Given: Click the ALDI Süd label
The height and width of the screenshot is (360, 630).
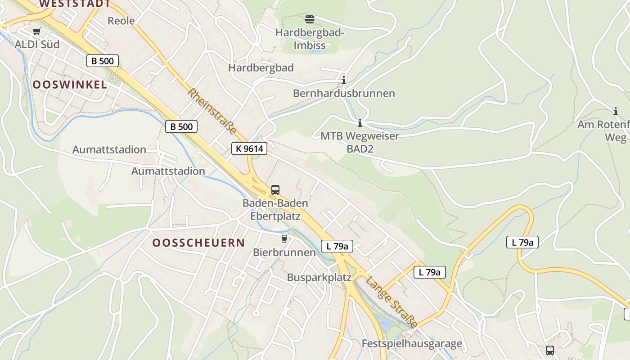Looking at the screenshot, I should tap(37, 45).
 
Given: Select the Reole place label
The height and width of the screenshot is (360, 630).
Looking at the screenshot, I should tap(121, 21).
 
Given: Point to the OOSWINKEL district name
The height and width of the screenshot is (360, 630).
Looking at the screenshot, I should tap(70, 85).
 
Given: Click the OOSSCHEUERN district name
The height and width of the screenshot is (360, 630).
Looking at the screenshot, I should tap(198, 243).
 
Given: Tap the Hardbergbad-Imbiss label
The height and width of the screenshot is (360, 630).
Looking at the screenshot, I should tap(310, 39).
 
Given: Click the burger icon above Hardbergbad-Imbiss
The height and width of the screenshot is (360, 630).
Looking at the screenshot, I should tap(310, 19).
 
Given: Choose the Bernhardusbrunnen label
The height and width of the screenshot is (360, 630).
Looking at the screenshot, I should tap(344, 94).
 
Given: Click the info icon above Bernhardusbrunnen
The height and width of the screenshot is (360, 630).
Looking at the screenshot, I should tap(344, 81).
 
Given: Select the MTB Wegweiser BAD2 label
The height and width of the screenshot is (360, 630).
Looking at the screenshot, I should tap(360, 142).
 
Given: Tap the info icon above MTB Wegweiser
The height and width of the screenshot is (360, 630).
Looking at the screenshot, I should tap(360, 123).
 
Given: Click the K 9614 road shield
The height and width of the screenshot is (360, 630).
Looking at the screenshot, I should tap(249, 148).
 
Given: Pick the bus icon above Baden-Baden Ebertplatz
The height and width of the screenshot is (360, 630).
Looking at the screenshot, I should tap(275, 190).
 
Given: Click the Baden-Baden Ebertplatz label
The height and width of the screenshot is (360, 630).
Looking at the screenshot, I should tap(275, 209).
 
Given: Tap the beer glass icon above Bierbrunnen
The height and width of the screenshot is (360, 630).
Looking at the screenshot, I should tap(284, 238).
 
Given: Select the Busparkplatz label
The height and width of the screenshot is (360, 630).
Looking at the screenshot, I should tap(319, 277).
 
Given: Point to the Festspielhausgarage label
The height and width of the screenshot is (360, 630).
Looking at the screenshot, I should tap(412, 344).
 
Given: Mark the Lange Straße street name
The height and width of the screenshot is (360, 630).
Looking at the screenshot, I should tap(391, 302).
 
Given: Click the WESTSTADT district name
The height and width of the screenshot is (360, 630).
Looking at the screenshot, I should tap(75, 4).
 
